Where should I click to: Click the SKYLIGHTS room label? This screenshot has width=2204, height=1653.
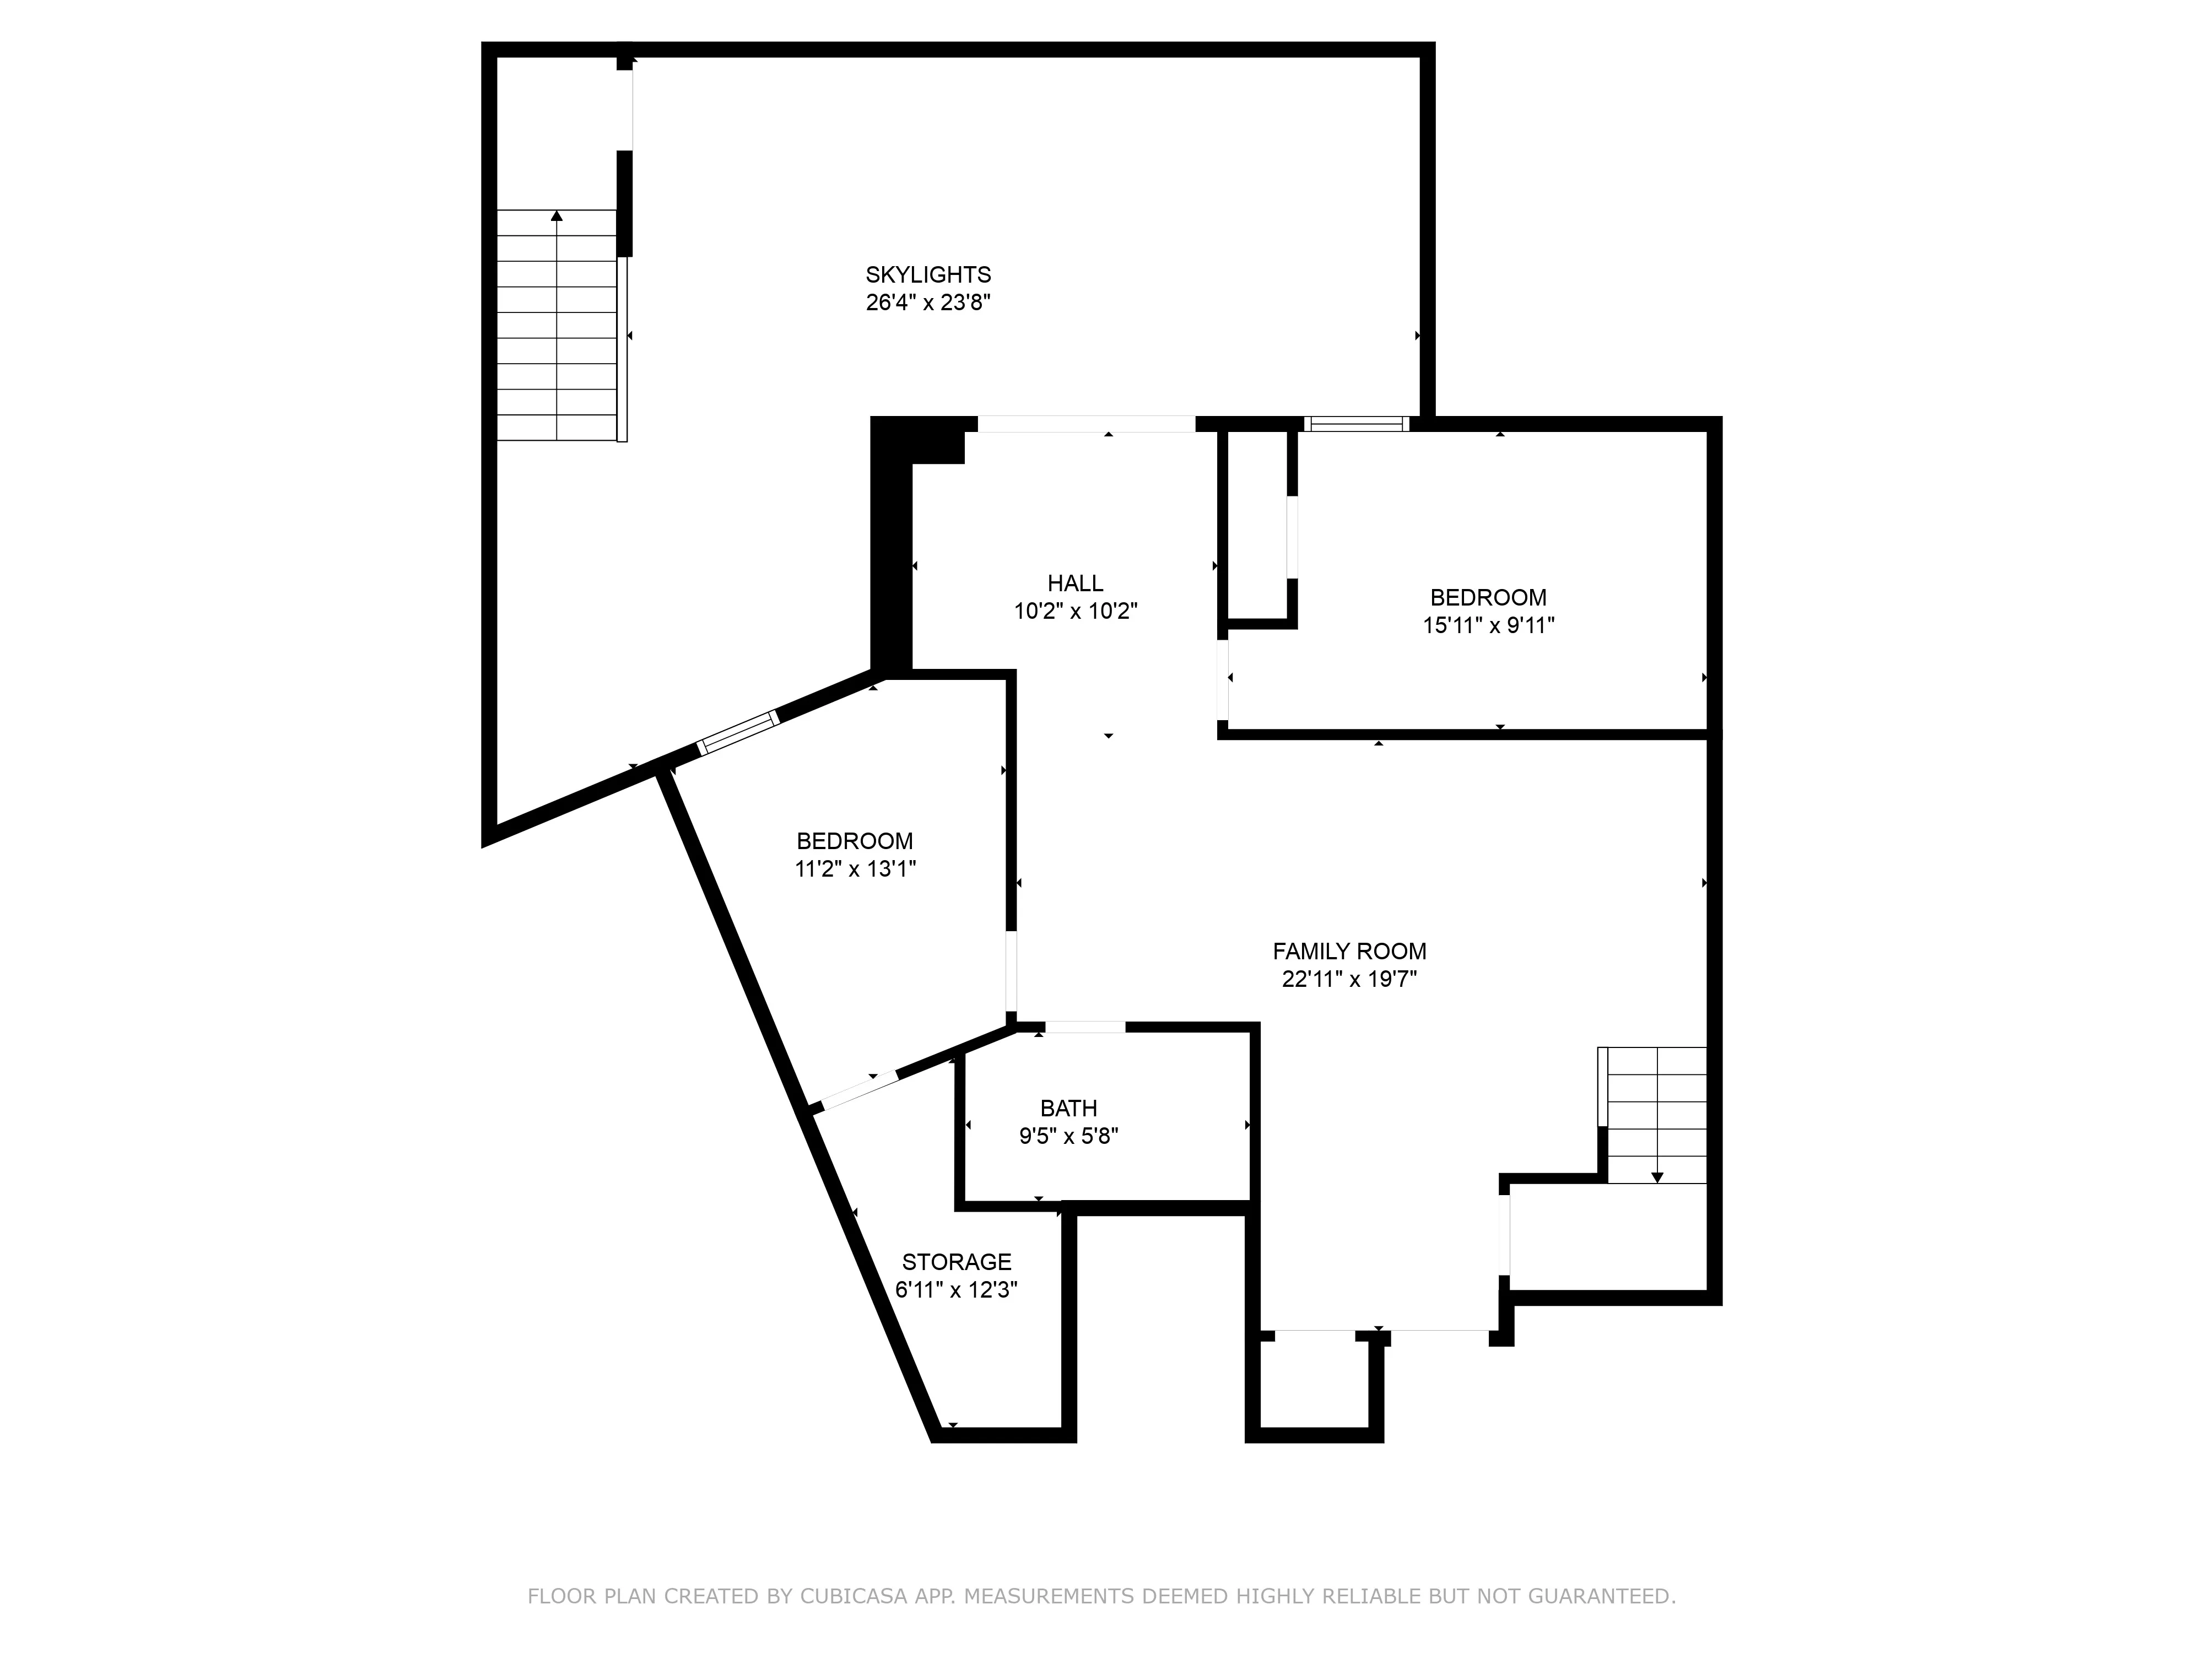point(928,275)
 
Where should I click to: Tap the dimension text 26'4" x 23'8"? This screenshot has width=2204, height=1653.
point(928,303)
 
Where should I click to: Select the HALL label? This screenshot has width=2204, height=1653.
point(1075,584)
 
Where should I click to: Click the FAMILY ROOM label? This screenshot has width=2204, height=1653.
point(1349,952)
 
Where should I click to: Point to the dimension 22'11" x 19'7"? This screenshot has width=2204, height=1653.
point(1349,980)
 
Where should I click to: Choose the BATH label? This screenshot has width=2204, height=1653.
point(1068,1108)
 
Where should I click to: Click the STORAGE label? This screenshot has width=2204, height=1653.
point(957,1262)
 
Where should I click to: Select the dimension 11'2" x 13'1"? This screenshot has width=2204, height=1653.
point(855,869)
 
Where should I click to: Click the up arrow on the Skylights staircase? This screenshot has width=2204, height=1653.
point(557,216)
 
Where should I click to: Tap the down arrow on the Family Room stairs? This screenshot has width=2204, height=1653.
point(1657,1177)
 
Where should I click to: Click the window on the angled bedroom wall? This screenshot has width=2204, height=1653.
point(737,732)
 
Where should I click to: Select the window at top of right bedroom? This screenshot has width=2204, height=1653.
point(1356,424)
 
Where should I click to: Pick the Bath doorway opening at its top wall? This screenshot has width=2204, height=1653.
point(1085,1027)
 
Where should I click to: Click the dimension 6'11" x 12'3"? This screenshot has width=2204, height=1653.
point(957,1290)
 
